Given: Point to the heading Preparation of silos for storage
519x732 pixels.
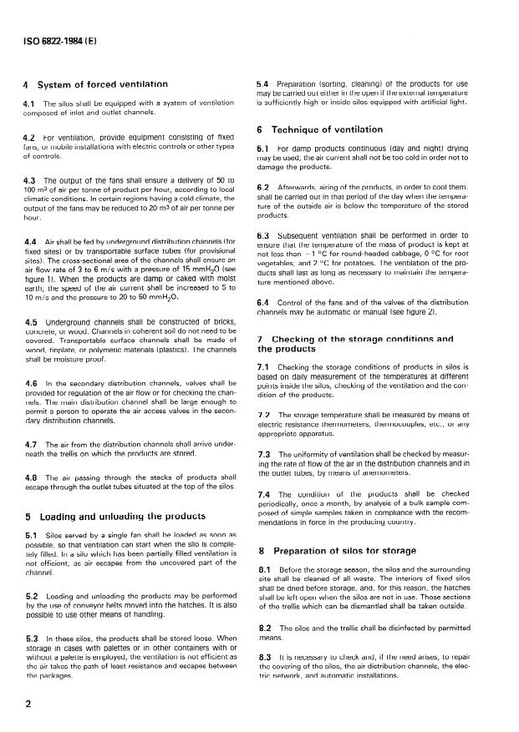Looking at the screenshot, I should click(339, 551).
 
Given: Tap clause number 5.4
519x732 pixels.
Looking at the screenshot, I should click(262, 84).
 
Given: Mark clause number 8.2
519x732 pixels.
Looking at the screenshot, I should click(262, 627).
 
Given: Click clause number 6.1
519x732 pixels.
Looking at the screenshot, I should click(262, 148).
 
